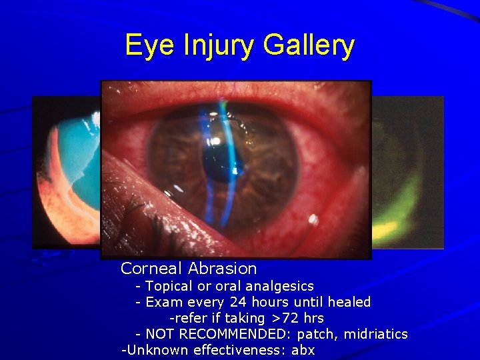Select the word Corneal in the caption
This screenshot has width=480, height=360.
click(x=152, y=269)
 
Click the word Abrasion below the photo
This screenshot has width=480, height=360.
click(x=222, y=269)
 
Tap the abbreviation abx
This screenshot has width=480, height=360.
click(x=303, y=350)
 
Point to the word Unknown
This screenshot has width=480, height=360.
click(x=153, y=350)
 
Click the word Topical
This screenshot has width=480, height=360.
click(x=169, y=286)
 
